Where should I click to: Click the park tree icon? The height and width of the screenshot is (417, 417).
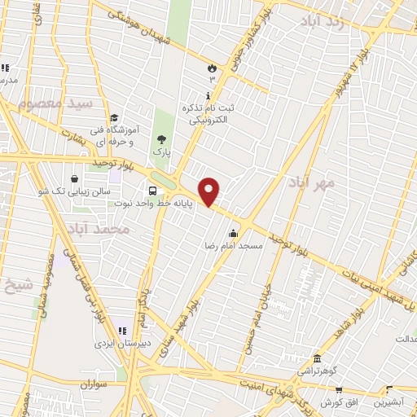[x=160, y=138]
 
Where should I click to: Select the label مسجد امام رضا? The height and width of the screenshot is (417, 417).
[x=234, y=244]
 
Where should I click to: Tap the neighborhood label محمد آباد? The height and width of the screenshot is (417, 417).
[x=100, y=229]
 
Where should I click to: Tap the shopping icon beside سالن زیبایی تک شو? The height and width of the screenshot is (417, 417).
[x=75, y=178]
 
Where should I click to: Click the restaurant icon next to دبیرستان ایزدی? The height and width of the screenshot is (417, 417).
[x=121, y=331]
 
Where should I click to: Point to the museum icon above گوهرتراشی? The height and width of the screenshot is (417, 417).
[x=316, y=358]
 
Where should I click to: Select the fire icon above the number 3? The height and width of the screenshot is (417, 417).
[x=213, y=68]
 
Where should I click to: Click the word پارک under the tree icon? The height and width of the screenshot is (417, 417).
[x=160, y=151]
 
